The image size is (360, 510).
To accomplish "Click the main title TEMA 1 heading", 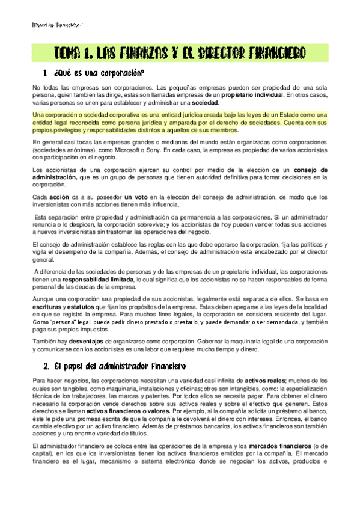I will pos(180,53).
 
